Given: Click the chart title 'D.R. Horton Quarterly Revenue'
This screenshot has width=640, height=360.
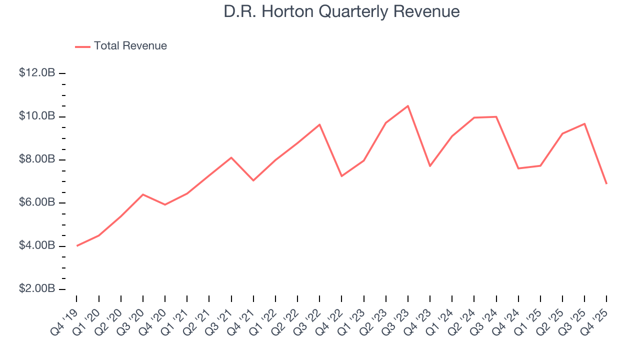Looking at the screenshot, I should pyautogui.click(x=341, y=11).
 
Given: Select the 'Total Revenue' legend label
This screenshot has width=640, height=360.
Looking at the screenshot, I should pyautogui.click(x=130, y=46).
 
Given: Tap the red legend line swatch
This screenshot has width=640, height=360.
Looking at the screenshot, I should pyautogui.click(x=82, y=46).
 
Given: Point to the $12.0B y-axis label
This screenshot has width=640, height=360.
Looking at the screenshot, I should pyautogui.click(x=37, y=73).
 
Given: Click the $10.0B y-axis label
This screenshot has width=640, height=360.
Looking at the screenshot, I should pyautogui.click(x=37, y=116).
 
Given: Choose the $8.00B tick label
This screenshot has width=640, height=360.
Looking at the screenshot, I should pyautogui.click(x=37, y=159).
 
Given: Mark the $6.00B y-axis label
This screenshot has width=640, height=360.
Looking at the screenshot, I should pyautogui.click(x=37, y=202).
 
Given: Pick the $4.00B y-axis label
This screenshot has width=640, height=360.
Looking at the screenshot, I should pyautogui.click(x=37, y=246).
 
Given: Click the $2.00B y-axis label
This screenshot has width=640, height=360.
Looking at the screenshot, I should pyautogui.click(x=37, y=289).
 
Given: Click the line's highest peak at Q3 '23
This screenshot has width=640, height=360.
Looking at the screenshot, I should pyautogui.click(x=408, y=106).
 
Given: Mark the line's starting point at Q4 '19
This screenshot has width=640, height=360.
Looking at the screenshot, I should pyautogui.click(x=77, y=245).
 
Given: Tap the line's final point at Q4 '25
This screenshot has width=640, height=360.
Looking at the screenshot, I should pyautogui.click(x=606, y=183).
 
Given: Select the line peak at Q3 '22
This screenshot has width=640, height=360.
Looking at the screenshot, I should pyautogui.click(x=319, y=124).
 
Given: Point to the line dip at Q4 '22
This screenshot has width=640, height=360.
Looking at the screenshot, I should pyautogui.click(x=341, y=176).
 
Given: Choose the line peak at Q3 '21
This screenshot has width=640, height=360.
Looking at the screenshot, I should pyautogui.click(x=231, y=157).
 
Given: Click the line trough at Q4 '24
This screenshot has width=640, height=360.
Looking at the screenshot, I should pyautogui.click(x=518, y=168).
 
